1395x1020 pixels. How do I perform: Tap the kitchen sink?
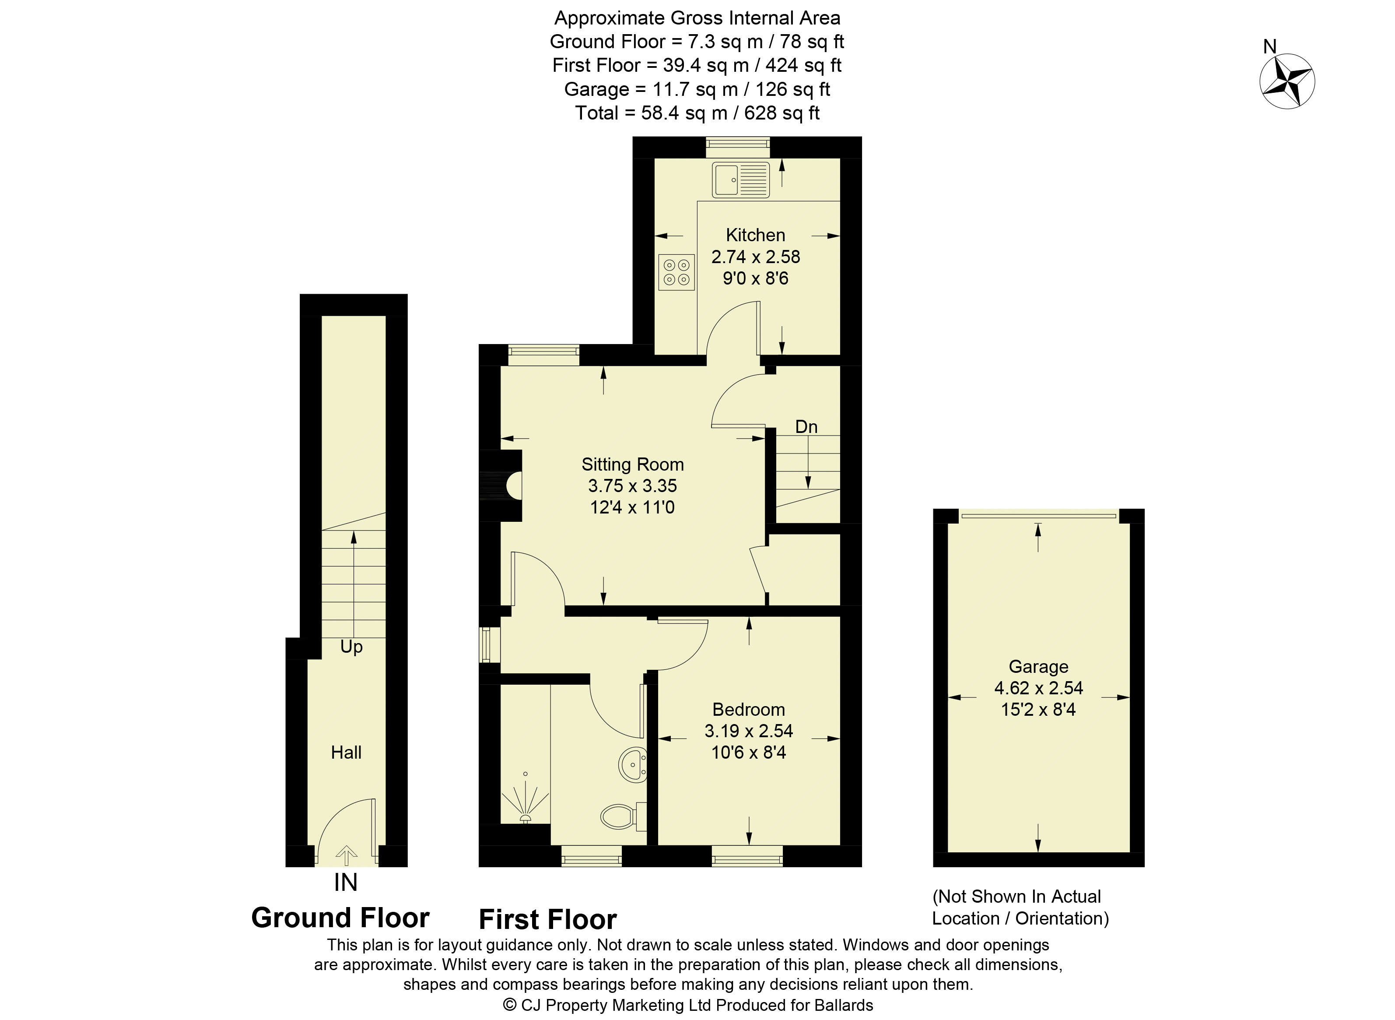pos(741,179)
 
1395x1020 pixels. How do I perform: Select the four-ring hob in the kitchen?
pos(676,272)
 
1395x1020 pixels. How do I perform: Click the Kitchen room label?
pos(755,235)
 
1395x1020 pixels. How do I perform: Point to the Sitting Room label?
pos(632,464)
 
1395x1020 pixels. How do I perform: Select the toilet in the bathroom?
pos(623,817)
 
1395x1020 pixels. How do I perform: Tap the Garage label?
pos(1038,666)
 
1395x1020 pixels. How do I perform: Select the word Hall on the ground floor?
pos(346,752)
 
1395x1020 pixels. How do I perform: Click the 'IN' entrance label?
pos(346,882)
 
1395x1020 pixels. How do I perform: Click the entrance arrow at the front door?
pos(346,855)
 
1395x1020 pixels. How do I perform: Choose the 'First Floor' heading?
pos(548,919)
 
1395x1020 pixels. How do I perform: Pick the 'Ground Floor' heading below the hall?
pos(340,918)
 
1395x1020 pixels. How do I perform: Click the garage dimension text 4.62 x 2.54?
pos(1038,688)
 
